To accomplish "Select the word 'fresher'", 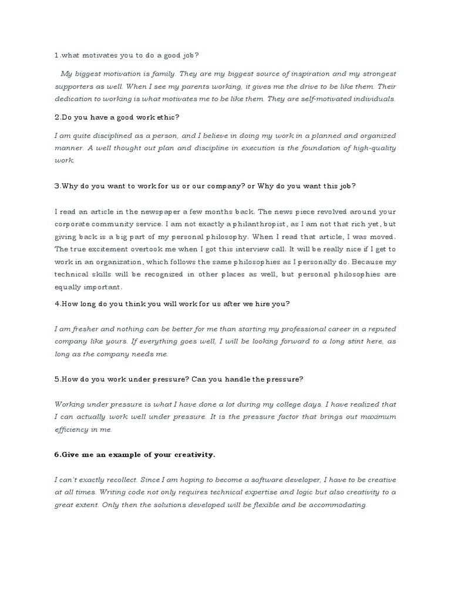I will [x=86, y=329].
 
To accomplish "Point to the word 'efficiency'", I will [x=72, y=429].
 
